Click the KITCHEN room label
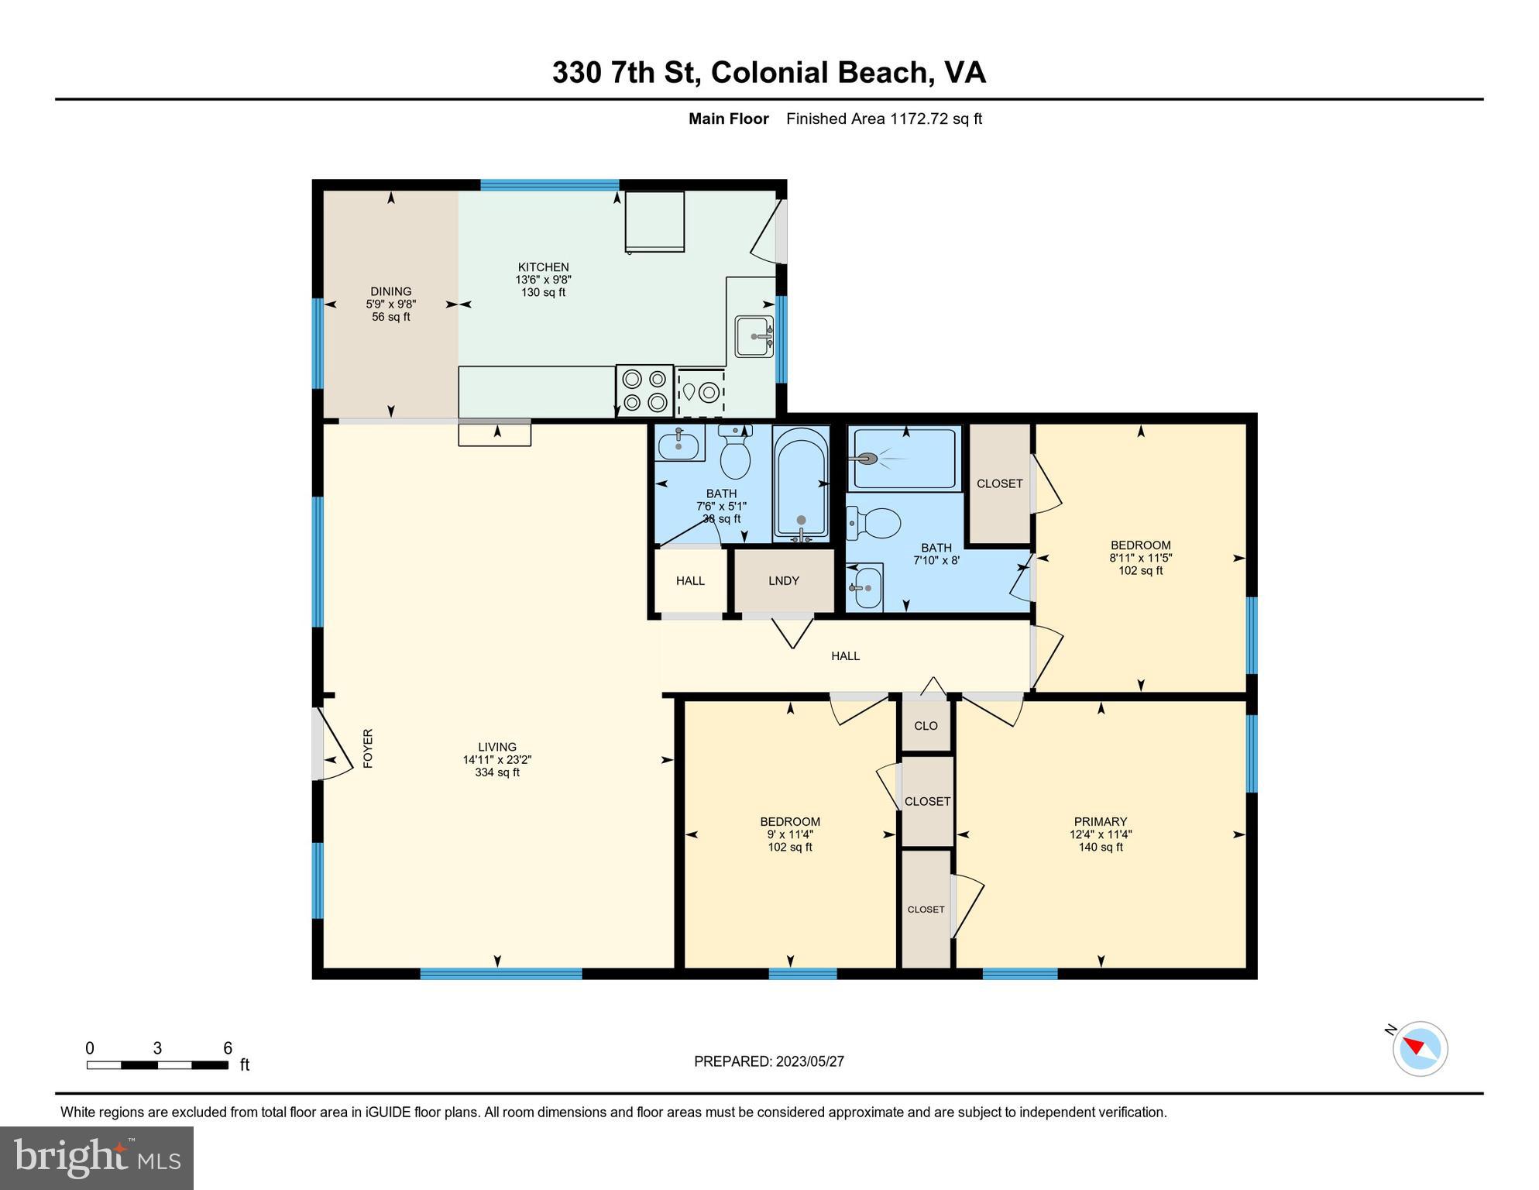click(543, 267)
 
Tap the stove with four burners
click(644, 390)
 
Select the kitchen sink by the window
click(754, 336)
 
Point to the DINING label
click(390, 292)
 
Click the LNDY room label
click(783, 581)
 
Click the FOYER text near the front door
click(368, 748)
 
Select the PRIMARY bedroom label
click(1100, 822)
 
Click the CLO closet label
click(926, 726)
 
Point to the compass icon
click(1420, 1049)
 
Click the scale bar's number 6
click(228, 1048)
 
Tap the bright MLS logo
click(97, 1157)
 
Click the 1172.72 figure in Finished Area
click(919, 119)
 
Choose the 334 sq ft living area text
click(496, 772)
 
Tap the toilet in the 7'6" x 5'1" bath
click(735, 452)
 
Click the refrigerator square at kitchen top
click(654, 222)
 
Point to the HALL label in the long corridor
click(845, 656)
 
